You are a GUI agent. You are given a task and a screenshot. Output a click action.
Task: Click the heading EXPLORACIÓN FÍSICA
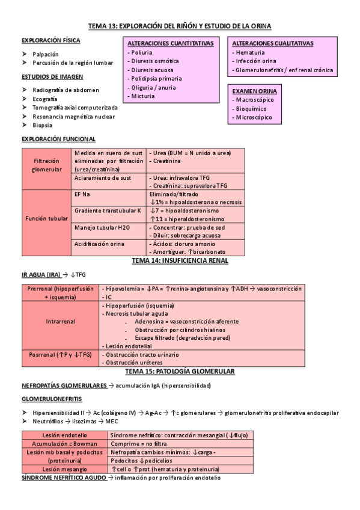[x=50, y=40]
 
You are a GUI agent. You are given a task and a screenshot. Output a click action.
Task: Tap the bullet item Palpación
[x=46, y=54]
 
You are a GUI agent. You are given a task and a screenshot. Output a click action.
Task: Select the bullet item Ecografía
[x=46, y=99]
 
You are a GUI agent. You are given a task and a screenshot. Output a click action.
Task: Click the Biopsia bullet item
[x=43, y=125]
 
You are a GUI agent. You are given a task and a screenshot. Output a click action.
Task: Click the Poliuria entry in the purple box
[x=139, y=53]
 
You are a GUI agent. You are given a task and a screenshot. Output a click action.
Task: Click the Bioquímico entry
[x=252, y=108]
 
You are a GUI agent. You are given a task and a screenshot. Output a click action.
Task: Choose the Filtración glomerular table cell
[x=47, y=165]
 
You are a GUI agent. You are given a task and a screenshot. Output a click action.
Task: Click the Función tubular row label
[x=47, y=218]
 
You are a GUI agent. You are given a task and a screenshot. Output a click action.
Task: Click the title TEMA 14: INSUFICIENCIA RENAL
[x=179, y=261]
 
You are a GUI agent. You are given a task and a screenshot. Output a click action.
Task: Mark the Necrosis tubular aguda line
[x=136, y=314]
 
